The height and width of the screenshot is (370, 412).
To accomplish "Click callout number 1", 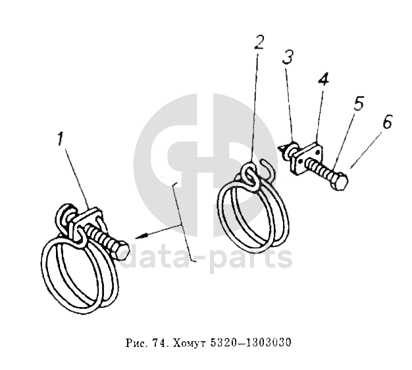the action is tap(61, 139).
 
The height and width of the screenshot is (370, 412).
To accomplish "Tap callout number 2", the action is tap(259, 42).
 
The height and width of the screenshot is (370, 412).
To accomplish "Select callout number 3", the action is tap(288, 57).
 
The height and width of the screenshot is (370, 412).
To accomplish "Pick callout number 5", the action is tap(359, 103).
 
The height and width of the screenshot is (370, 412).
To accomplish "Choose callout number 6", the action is tap(387, 121).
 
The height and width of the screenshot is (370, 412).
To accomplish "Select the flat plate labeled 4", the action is tap(306, 158).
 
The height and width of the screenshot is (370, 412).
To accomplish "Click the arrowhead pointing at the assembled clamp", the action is tap(142, 237).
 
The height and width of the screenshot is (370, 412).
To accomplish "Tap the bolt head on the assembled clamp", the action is tap(120, 251).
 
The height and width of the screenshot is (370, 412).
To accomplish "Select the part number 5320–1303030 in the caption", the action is tap(251, 342).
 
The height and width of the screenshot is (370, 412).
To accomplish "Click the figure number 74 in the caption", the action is tap(158, 342).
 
